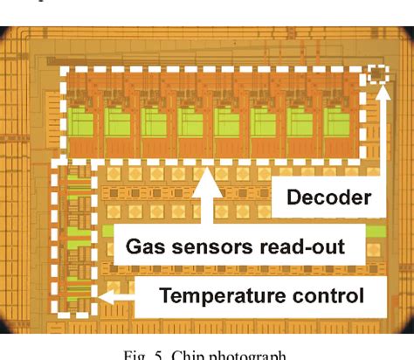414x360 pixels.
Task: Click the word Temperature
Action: pos(215,296)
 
